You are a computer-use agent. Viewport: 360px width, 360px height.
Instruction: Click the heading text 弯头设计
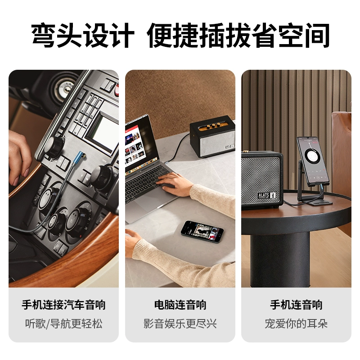[82, 36]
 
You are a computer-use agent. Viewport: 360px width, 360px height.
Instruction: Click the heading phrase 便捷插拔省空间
[238, 36]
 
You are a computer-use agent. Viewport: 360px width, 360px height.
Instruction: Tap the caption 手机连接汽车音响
[63, 305]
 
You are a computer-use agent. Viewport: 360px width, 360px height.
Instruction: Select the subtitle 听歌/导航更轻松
[63, 324]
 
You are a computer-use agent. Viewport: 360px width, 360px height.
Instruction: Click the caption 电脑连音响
[180, 305]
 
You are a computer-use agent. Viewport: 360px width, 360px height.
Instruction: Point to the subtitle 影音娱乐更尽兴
[180, 324]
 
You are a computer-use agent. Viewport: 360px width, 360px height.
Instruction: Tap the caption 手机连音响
[296, 305]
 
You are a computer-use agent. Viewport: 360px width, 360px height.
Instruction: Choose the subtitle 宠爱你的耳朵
[296, 324]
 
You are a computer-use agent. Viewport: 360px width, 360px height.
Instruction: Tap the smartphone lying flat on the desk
[202, 231]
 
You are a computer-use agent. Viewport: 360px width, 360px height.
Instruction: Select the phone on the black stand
[312, 161]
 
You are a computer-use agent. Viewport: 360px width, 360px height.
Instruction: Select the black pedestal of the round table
[280, 260]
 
